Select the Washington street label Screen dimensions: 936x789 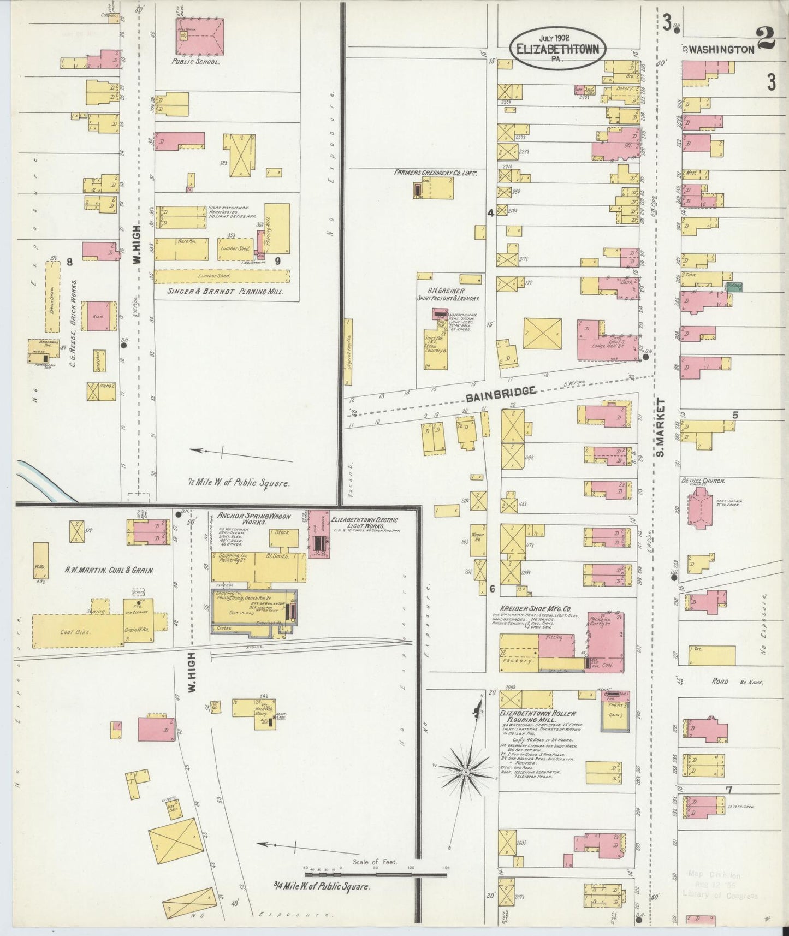(721, 49)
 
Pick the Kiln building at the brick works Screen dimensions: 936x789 (99, 316)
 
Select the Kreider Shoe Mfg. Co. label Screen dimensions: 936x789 (535, 608)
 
